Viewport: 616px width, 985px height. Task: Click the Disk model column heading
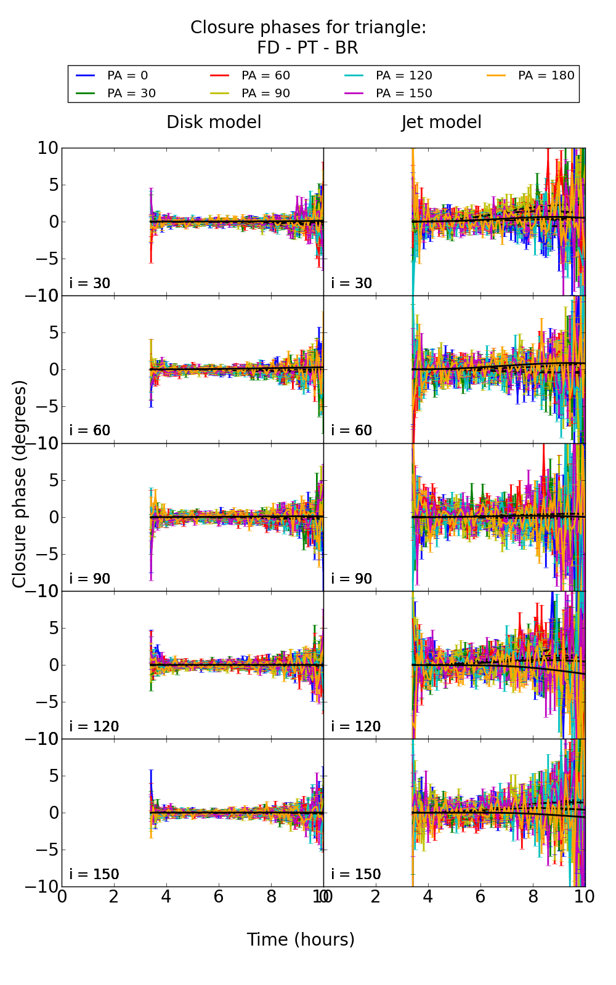pyautogui.click(x=214, y=123)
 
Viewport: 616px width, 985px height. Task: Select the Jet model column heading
pyautogui.click(x=441, y=123)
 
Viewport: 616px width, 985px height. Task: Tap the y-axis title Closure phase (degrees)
pyautogui.click(x=20, y=484)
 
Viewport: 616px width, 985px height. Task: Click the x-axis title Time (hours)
pyautogui.click(x=301, y=939)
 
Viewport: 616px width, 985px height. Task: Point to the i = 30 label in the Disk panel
pyautogui.click(x=90, y=283)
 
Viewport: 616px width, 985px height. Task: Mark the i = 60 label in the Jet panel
pyautogui.click(x=352, y=430)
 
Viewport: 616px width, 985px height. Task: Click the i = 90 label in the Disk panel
pyautogui.click(x=90, y=579)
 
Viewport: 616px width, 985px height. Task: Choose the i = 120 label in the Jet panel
pyautogui.click(x=356, y=726)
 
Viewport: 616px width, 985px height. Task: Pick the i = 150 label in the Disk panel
pyautogui.click(x=94, y=874)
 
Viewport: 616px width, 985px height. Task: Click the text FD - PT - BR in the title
pyautogui.click(x=307, y=48)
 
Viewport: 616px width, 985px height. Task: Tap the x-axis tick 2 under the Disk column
pyautogui.click(x=114, y=896)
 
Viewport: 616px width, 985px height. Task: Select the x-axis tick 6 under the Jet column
pyautogui.click(x=480, y=896)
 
